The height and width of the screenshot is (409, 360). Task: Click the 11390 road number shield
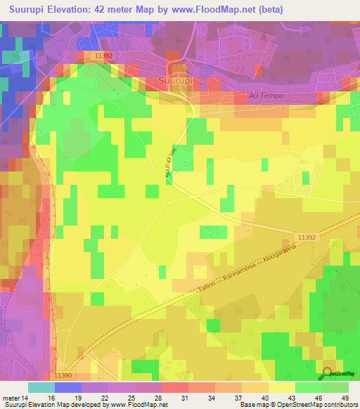(x=63, y=377)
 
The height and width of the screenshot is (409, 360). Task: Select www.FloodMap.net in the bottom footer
(x=136, y=405)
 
